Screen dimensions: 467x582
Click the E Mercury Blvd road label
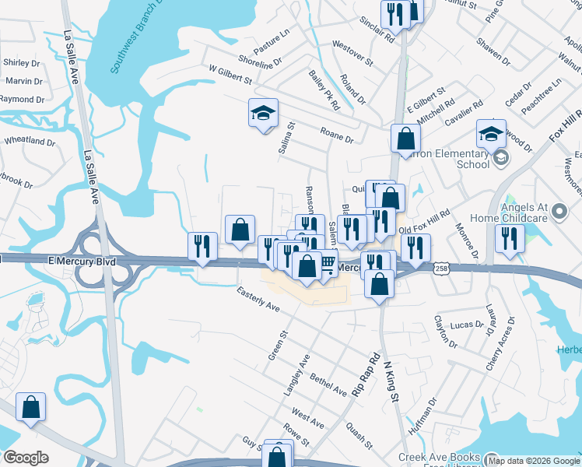pyautogui.click(x=81, y=262)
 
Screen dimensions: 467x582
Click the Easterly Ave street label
pyautogui.click(x=258, y=300)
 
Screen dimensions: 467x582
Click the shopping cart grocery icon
pyautogui.click(x=328, y=265)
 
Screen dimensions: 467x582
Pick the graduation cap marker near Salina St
pyautogui.click(x=263, y=114)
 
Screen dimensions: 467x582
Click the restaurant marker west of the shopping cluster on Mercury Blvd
pyautogui.click(x=202, y=246)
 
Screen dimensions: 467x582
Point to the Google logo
pyautogui.click(x=26, y=457)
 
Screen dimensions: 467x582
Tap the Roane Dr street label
pyautogui.click(x=337, y=134)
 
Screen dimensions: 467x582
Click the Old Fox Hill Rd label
pyautogui.click(x=424, y=223)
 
